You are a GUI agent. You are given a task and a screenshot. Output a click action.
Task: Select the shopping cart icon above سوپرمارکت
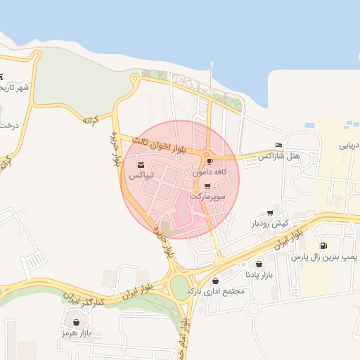(x=207, y=187)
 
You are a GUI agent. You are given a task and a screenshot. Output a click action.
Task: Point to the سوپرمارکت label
(x=207, y=198)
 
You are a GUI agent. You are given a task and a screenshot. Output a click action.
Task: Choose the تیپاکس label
(x=140, y=174)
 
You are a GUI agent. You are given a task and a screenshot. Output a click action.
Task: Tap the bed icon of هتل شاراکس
(x=279, y=145)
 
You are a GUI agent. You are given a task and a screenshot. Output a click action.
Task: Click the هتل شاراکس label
(x=278, y=155)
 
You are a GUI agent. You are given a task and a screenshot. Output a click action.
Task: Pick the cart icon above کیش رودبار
(x=271, y=213)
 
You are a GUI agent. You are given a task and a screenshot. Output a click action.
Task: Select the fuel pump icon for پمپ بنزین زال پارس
(x=323, y=245)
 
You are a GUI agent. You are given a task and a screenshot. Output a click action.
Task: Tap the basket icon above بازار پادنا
(x=259, y=264)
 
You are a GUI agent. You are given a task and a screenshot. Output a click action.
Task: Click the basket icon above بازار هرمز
(x=77, y=322)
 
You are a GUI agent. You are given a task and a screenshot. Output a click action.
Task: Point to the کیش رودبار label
(x=271, y=224)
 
